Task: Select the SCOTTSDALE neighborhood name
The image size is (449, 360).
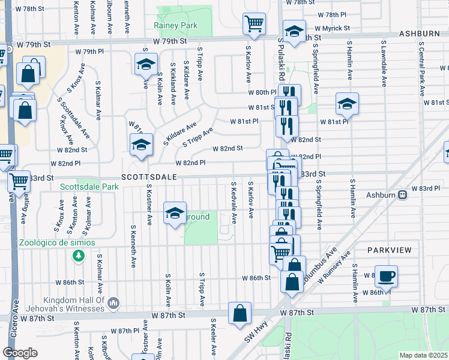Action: click(x=149, y=178)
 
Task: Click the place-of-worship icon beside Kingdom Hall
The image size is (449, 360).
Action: click(x=113, y=304)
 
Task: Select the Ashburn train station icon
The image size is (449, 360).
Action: click(x=403, y=194)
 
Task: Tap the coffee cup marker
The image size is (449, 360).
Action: click(x=386, y=275)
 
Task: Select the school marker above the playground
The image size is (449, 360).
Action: click(x=175, y=213)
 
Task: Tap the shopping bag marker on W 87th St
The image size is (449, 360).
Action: click(x=240, y=313)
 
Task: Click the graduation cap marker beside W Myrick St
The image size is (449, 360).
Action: click(x=294, y=31)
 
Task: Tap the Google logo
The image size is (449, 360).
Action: click(x=20, y=352)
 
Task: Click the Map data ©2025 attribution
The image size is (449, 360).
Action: click(x=423, y=355)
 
